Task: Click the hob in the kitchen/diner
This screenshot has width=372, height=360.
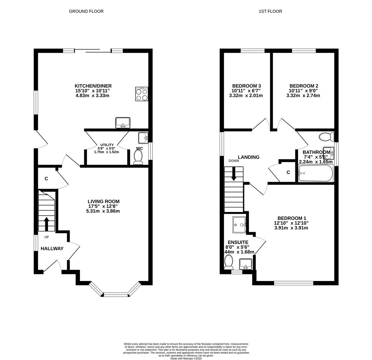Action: click(142, 94)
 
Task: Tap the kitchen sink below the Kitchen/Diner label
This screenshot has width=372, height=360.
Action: click(123, 123)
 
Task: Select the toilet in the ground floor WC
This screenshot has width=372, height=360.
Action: click(138, 157)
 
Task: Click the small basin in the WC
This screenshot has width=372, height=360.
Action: click(143, 138)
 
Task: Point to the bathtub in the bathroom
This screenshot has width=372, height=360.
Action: click(315, 173)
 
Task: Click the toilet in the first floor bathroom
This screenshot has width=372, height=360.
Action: click(326, 137)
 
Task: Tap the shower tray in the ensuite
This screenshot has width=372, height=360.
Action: click(239, 225)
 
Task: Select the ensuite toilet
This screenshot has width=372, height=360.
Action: click(228, 262)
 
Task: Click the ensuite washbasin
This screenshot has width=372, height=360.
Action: click(246, 264)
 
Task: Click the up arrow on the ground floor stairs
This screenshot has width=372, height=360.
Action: click(46, 224)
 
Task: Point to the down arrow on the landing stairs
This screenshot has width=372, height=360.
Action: click(234, 174)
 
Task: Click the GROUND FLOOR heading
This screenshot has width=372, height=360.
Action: click(86, 11)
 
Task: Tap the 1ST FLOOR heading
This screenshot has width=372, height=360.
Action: click(270, 11)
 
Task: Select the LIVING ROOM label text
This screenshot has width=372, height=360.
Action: click(103, 201)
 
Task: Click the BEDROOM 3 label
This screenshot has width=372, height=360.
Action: click(246, 86)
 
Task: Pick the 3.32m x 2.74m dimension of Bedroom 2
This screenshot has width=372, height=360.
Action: click(303, 96)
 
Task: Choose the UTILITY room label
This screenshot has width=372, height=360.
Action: click(107, 145)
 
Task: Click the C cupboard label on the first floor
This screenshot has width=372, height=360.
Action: click(288, 172)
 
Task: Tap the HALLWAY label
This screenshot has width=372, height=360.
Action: click(52, 248)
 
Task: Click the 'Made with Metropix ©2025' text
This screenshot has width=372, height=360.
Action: click(186, 358)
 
